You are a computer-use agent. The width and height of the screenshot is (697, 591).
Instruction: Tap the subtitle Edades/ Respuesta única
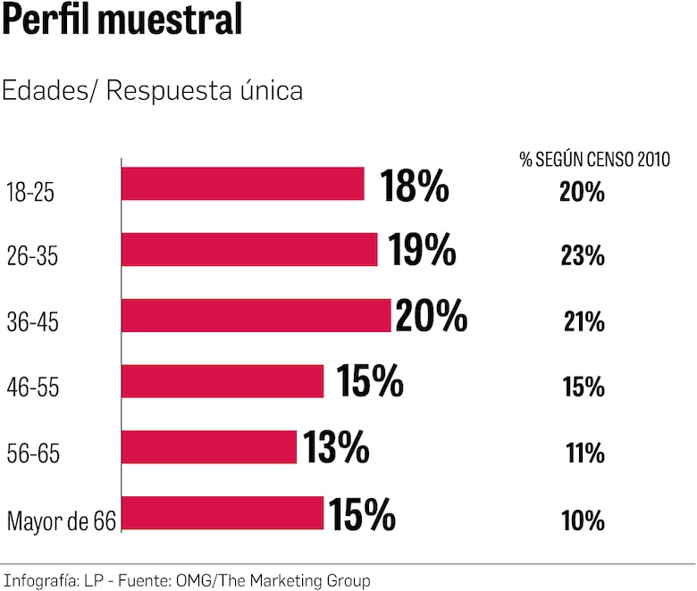pos(152,91)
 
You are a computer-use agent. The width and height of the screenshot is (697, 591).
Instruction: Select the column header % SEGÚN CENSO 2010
pos(594,160)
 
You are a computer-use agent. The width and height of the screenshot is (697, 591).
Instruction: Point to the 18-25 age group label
pos(30,191)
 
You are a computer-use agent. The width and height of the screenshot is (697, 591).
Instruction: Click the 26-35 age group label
pos(32,256)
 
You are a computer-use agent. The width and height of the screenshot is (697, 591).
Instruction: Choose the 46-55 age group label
pos(32,387)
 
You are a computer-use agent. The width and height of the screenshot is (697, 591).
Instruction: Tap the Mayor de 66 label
pos(62,520)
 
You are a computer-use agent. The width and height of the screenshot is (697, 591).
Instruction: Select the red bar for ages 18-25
pos(243,184)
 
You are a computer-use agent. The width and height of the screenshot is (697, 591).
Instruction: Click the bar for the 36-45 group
pos(256,315)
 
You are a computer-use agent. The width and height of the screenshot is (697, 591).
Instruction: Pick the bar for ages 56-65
pos(209,446)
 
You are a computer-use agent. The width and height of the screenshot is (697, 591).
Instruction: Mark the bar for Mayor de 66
pos(223,512)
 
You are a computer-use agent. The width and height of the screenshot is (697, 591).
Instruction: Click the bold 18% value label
pos(415,186)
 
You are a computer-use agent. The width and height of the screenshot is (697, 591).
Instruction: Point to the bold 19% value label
pos(422,251)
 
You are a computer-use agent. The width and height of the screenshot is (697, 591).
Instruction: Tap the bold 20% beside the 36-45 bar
pos(431,316)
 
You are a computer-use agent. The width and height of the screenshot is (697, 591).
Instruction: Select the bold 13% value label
pos(336,447)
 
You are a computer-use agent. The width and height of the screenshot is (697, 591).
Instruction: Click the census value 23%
pos(583,256)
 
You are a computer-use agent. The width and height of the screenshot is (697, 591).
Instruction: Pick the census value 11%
pos(585,454)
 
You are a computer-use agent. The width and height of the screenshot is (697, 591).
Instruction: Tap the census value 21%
pos(584,321)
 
